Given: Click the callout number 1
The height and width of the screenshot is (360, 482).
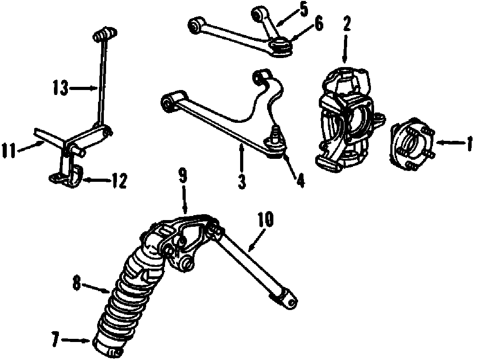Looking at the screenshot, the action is click(x=469, y=144).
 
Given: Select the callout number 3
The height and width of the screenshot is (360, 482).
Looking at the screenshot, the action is click(x=242, y=182).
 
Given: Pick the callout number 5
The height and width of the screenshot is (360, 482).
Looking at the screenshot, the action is click(x=304, y=9).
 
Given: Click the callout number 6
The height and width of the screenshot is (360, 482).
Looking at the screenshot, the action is click(x=318, y=24).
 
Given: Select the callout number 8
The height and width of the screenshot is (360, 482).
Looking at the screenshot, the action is click(x=77, y=283).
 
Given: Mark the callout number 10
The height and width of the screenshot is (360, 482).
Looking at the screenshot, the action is click(x=266, y=220).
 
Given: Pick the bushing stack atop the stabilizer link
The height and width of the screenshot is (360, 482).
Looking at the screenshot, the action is click(x=105, y=34).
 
